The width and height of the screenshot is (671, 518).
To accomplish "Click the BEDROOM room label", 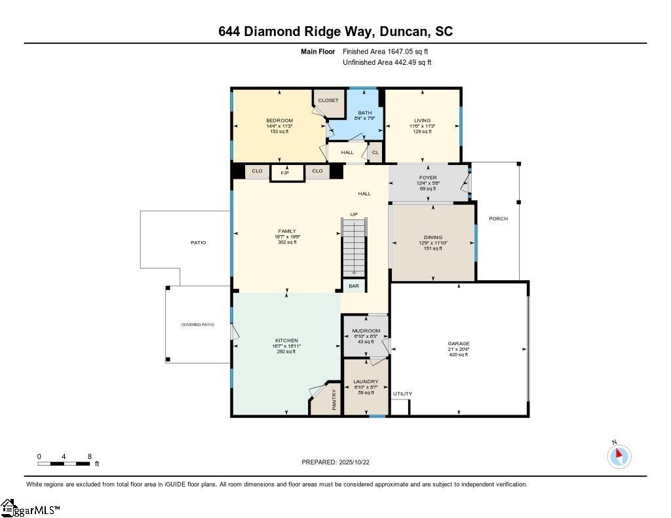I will (279, 120).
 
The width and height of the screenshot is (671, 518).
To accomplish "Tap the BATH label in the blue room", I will (364, 113).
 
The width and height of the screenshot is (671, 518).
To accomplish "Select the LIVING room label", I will (422, 120).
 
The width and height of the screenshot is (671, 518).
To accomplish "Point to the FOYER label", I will (428, 177).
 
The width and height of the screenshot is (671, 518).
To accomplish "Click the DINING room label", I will (432, 237).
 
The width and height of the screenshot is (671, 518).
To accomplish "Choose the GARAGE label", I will (459, 343).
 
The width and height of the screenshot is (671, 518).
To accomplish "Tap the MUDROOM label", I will (366, 331).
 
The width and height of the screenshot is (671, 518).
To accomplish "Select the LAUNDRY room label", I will (366, 382).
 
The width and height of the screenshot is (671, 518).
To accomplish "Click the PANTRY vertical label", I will (334, 400).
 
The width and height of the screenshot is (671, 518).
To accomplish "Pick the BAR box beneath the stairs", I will (354, 286).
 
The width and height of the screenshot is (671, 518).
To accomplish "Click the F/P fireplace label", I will (286, 173).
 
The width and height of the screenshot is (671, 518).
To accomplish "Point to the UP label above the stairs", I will (354, 214).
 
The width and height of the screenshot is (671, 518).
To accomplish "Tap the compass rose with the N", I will (619, 456).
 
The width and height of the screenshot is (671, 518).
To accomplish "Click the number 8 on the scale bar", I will (89, 456).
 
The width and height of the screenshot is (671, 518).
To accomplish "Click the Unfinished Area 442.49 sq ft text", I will (387, 63).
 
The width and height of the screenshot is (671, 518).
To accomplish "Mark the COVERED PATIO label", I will (198, 324).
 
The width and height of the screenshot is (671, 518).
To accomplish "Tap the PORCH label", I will (498, 219).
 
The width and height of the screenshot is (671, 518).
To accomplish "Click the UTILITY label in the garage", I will (402, 394).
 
